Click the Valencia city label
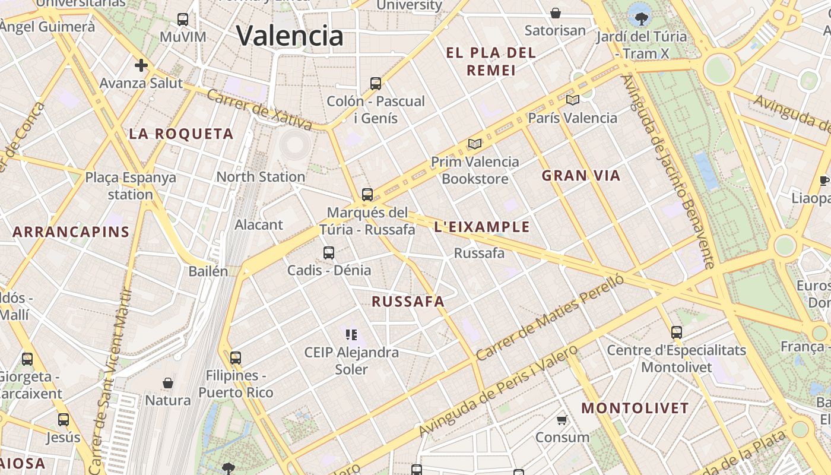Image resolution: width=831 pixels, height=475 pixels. (x=290, y=36)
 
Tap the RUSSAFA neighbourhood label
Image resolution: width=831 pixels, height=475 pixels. (x=408, y=302)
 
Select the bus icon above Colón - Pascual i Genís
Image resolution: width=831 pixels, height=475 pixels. (x=375, y=84)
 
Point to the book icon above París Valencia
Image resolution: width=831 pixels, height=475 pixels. (x=572, y=100)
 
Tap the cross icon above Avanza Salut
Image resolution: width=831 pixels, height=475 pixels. (x=141, y=65)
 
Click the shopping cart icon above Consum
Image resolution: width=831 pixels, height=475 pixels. (x=562, y=420)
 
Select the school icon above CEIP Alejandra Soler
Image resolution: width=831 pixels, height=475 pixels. (x=351, y=335)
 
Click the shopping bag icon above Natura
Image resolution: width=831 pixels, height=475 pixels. (x=168, y=383)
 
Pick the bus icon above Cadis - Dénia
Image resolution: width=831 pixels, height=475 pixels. (x=329, y=253)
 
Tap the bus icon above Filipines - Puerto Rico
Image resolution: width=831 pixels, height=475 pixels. (x=236, y=358)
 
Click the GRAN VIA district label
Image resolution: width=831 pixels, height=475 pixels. (x=581, y=176)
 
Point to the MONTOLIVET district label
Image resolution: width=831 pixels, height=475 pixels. (x=635, y=408)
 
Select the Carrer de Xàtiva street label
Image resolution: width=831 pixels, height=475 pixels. (x=259, y=109)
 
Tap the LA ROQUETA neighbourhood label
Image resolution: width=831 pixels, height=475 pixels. (x=181, y=134)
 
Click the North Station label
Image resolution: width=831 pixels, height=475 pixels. (x=261, y=177)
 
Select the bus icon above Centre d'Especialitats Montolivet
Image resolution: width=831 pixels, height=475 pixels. (x=676, y=332)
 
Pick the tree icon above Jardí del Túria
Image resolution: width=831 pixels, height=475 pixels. (x=641, y=19)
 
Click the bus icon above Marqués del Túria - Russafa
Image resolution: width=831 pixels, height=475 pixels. (x=367, y=195)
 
